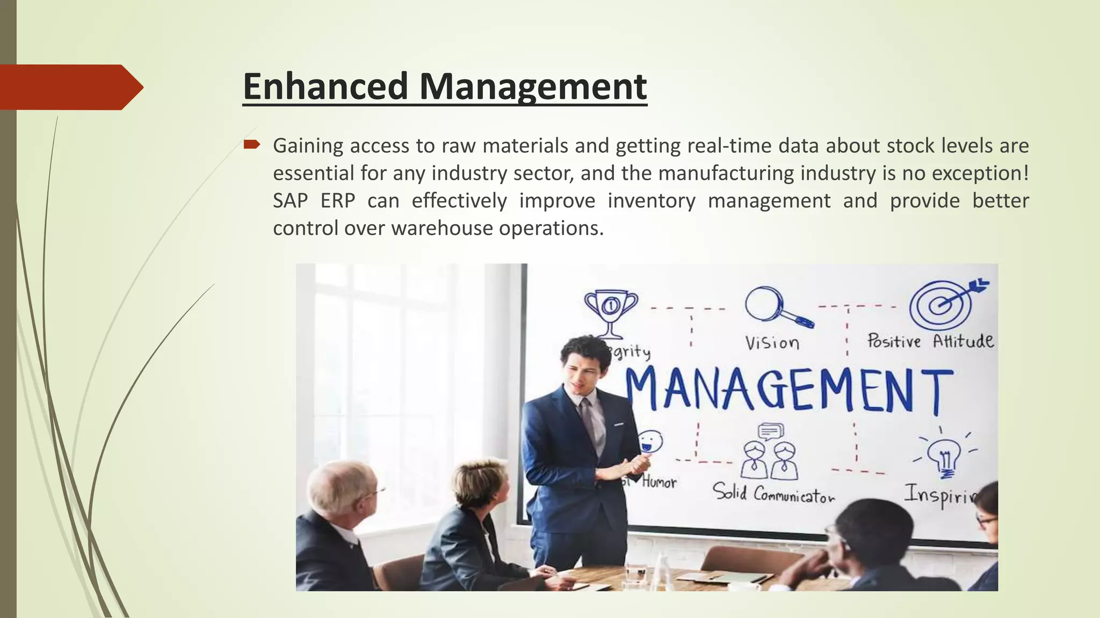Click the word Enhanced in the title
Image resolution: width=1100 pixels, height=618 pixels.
pos(325,86)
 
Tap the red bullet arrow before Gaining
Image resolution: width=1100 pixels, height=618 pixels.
pos(251,144)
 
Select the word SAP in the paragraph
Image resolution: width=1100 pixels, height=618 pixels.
pos(290,201)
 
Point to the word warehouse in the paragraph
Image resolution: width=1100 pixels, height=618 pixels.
pos(441,229)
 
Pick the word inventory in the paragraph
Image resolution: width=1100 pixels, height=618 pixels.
pos(651,201)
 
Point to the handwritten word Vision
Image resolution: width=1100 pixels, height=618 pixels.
pos(772,342)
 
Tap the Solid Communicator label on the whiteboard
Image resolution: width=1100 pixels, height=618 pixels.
pos(773,492)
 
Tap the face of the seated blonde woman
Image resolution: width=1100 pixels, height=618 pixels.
pos(496,488)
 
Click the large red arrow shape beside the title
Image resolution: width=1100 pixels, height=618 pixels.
pos(70,87)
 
